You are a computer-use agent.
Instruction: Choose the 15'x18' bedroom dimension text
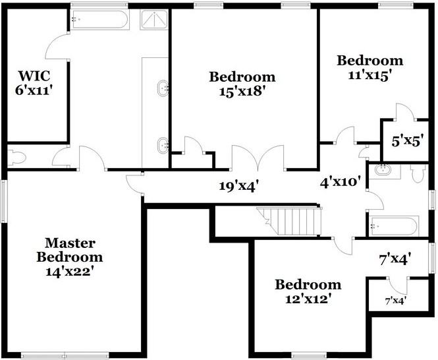(x=242, y=92)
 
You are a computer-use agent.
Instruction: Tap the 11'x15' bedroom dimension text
(x=370, y=75)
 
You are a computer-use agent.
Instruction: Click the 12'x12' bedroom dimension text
(x=308, y=299)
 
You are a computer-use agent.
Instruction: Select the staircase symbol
(x=290, y=220)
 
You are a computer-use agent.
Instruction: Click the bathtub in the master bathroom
(x=99, y=19)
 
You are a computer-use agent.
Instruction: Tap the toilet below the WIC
(x=16, y=158)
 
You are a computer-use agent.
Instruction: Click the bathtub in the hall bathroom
(x=394, y=226)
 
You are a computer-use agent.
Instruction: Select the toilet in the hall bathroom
(x=418, y=173)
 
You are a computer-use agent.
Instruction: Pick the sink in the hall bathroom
(x=384, y=171)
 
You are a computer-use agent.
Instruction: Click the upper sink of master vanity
(x=162, y=88)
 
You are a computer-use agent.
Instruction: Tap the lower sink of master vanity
(x=162, y=144)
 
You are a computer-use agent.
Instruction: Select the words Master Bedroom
(x=69, y=249)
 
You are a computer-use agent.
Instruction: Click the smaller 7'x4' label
(x=395, y=301)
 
